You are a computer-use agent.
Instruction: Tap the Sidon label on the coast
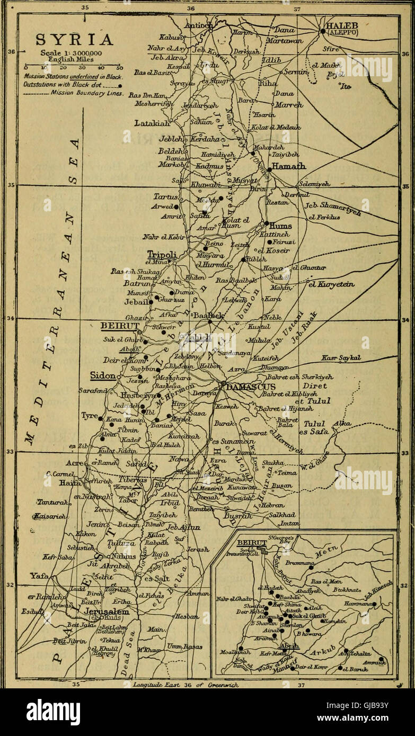(103, 375)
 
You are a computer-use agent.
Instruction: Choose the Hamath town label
(289, 166)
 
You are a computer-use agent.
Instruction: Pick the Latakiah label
(153, 123)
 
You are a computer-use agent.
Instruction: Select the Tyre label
(90, 416)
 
